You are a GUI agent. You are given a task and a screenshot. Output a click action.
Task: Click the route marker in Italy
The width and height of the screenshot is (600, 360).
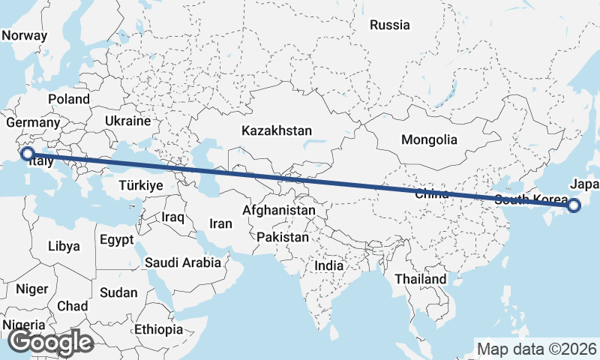click(x=27, y=154)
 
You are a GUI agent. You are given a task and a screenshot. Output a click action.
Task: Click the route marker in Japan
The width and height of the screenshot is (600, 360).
click(x=574, y=205)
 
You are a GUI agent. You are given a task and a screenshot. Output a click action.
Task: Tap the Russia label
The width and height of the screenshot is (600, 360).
click(x=390, y=25)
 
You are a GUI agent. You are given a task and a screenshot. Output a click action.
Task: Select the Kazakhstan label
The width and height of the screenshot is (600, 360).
click(x=276, y=130)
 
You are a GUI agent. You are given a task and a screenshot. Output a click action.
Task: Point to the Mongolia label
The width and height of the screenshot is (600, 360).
click(x=429, y=139)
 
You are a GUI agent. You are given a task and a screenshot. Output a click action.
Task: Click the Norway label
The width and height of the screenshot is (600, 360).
click(x=25, y=35)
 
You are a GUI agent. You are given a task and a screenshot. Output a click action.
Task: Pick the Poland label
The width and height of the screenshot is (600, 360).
click(x=69, y=99)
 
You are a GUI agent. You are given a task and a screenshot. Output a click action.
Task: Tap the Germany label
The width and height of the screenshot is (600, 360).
click(x=32, y=122)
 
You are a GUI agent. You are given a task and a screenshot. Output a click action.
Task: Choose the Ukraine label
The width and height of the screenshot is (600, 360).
click(x=127, y=120)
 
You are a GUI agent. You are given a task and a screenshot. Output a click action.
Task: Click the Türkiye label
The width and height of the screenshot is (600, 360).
click(x=141, y=185)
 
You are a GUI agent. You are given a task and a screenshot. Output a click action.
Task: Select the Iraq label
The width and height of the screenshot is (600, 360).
click(x=173, y=217)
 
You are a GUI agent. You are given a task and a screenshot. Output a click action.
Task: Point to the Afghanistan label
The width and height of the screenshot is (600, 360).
click(x=279, y=211)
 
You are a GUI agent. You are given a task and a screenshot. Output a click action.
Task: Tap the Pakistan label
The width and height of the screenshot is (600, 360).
click(x=283, y=237)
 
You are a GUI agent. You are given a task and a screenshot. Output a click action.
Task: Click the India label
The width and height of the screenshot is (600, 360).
click(x=329, y=265)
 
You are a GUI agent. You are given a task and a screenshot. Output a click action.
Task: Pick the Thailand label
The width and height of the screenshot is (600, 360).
click(x=421, y=279)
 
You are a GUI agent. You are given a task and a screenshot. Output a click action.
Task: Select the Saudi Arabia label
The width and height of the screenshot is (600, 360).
click(x=183, y=262)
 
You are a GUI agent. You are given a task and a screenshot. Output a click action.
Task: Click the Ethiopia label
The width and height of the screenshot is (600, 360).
click(x=159, y=329)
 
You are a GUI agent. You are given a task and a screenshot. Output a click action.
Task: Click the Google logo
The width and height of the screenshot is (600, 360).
click(x=50, y=342)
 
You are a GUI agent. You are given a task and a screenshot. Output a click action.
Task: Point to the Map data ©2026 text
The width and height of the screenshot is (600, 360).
click(x=537, y=349)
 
